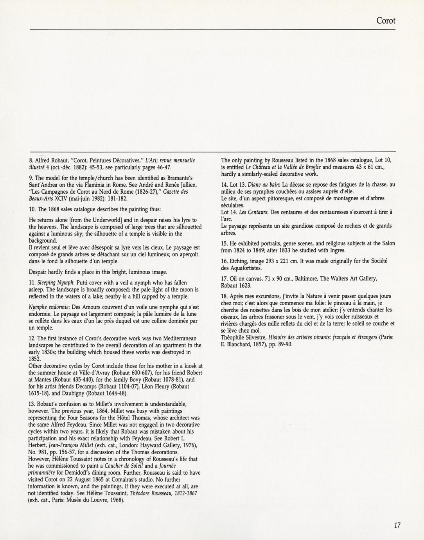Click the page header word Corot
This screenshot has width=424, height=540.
pyautogui.click(x=386, y=21)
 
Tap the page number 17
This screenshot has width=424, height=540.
pyautogui.click(x=397, y=526)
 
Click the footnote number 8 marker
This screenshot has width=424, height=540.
pyautogui.click(x=31, y=161)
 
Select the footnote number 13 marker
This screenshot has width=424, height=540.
pyautogui.click(x=32, y=404)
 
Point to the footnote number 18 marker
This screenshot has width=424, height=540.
pyautogui.click(x=224, y=296)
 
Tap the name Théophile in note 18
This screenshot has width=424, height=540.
pyautogui.click(x=233, y=337)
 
